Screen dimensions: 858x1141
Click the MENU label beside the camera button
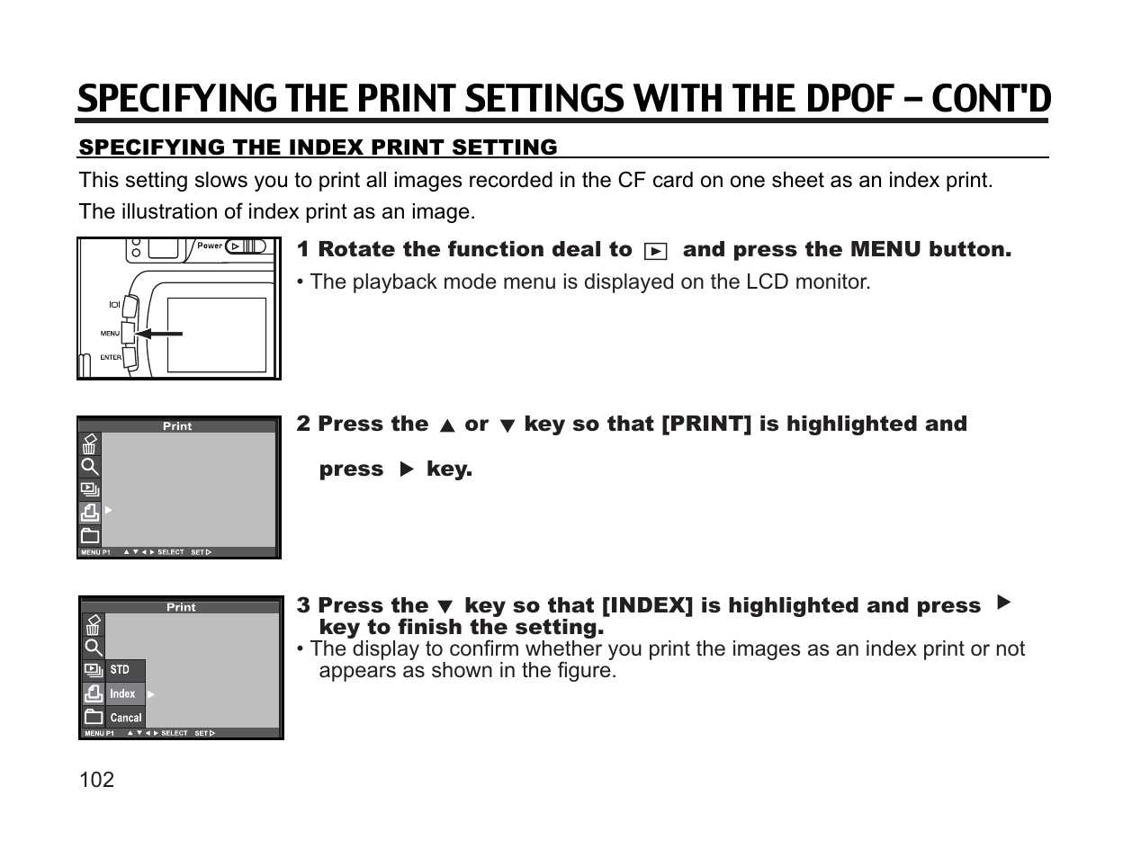[x=110, y=334]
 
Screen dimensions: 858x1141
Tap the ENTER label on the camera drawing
[x=111, y=358]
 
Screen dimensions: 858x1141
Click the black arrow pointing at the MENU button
[x=159, y=334]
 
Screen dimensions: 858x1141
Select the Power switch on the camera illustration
[x=245, y=246]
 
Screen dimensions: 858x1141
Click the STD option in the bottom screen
[x=120, y=670]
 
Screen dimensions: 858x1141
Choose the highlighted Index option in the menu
[x=122, y=694]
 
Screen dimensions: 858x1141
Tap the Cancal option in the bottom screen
[x=126, y=718]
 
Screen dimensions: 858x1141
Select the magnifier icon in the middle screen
[x=90, y=467]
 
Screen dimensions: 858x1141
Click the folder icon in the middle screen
[x=90, y=536]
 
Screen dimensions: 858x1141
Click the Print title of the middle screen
[x=177, y=426]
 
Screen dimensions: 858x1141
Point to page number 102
[x=97, y=780]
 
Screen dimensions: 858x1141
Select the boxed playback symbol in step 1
[x=657, y=251]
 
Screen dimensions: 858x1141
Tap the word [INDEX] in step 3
[x=647, y=606]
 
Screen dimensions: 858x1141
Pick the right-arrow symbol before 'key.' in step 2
[x=406, y=469]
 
